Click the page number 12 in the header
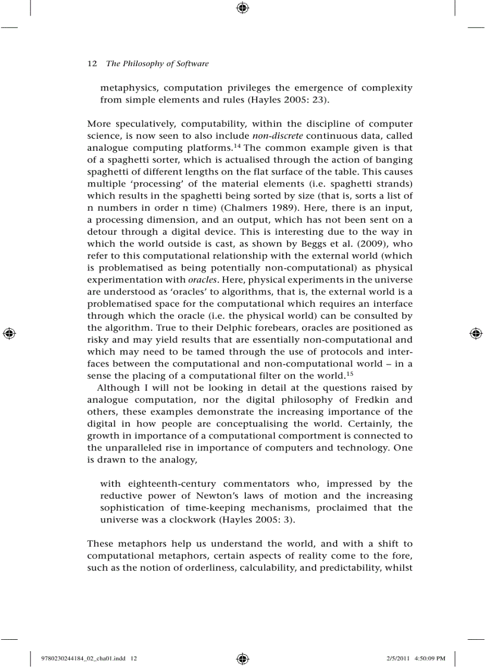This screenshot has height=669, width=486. pyautogui.click(x=92, y=64)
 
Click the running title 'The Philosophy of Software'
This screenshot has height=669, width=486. pyautogui.click(x=157, y=64)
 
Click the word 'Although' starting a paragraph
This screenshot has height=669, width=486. pyautogui.click(x=118, y=388)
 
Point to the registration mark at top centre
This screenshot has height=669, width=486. pyautogui.click(x=242, y=8)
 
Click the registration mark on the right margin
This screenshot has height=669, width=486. pyautogui.click(x=476, y=334)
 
